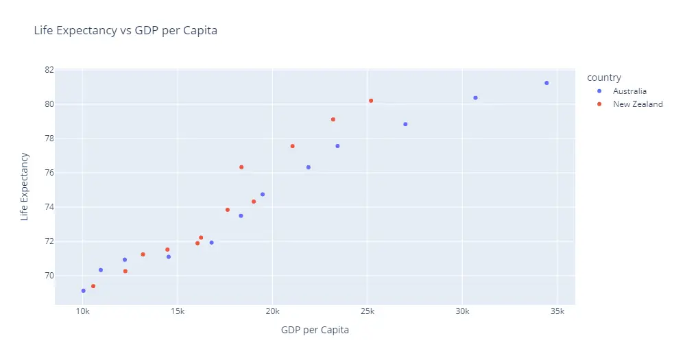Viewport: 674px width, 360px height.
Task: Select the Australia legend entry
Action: pyautogui.click(x=629, y=91)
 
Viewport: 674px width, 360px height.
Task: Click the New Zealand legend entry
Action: pyautogui.click(x=637, y=104)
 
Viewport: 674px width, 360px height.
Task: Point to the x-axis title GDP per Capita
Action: pyautogui.click(x=315, y=330)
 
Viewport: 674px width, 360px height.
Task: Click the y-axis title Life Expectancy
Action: pyautogui.click(x=25, y=186)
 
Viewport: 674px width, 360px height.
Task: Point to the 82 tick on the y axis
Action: pyautogui.click(x=49, y=70)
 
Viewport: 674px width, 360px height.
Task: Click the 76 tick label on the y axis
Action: pyautogui.click(x=49, y=173)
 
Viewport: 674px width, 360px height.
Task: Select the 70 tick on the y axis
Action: pyautogui.click(x=49, y=276)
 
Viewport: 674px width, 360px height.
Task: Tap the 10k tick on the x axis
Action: pyautogui.click(x=82, y=311)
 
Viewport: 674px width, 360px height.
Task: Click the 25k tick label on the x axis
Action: pyautogui.click(x=367, y=311)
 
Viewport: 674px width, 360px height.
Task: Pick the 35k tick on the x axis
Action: pyautogui.click(x=557, y=311)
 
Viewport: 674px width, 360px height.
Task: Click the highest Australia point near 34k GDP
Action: pyautogui.click(x=546, y=83)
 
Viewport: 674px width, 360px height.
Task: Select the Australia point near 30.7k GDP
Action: pyautogui.click(x=475, y=98)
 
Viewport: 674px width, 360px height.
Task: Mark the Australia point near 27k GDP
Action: pyautogui.click(x=405, y=124)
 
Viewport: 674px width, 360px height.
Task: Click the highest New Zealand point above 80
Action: pyautogui.click(x=371, y=101)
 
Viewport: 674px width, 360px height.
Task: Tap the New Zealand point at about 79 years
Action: pyautogui.click(x=333, y=119)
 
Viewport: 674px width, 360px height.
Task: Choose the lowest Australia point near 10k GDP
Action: pyautogui.click(x=84, y=291)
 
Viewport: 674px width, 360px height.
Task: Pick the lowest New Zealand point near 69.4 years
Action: pyautogui.click(x=93, y=286)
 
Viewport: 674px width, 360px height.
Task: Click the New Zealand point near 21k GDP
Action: pyautogui.click(x=293, y=146)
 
